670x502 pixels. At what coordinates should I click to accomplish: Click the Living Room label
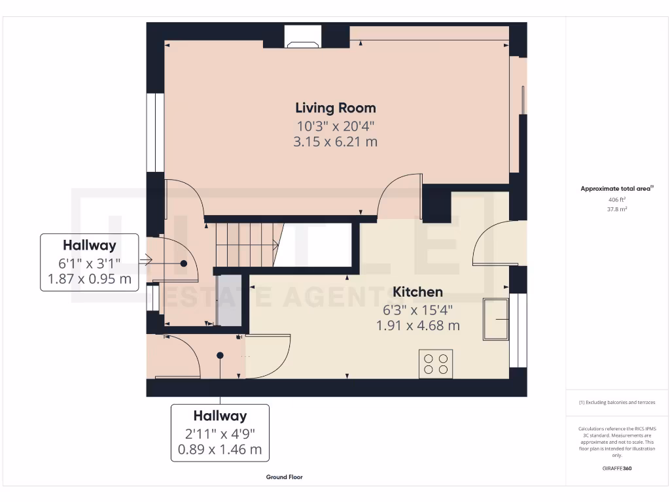click(x=335, y=108)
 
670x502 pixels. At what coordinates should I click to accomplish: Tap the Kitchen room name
click(x=417, y=292)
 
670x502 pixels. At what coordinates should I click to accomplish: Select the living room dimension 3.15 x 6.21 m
click(x=335, y=141)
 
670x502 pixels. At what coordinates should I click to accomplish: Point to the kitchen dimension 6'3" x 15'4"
click(x=417, y=309)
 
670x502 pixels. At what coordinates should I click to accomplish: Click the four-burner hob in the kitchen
click(x=436, y=363)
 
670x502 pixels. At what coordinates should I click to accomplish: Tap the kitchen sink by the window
click(x=496, y=319)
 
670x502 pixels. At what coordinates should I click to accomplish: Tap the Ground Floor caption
click(x=284, y=477)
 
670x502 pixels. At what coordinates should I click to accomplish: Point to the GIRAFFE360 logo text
click(x=616, y=468)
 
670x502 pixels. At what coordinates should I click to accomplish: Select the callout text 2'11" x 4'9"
click(x=220, y=433)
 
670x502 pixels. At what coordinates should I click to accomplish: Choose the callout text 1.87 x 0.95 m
click(x=90, y=280)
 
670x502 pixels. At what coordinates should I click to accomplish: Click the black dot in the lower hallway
click(x=220, y=355)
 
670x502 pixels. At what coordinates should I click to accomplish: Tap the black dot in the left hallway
click(x=184, y=263)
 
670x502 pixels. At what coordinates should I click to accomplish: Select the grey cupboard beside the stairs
click(x=229, y=300)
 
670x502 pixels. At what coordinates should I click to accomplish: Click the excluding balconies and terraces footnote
click(x=616, y=403)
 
